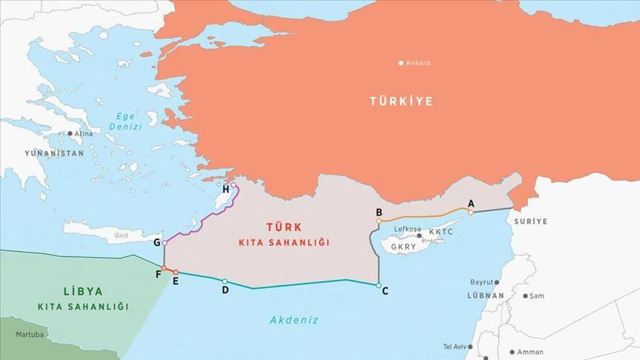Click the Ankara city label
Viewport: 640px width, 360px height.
click(x=418, y=63)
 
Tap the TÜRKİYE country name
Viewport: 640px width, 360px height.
click(x=401, y=101)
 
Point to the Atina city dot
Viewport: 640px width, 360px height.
click(x=70, y=134)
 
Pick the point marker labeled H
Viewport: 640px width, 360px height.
click(x=233, y=185)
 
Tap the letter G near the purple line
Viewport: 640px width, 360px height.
click(x=156, y=242)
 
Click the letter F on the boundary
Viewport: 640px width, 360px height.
click(x=158, y=273)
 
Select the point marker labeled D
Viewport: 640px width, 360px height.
click(x=224, y=281)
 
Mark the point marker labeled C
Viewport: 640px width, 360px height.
click(x=379, y=285)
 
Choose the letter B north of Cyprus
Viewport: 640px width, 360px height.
click(x=379, y=213)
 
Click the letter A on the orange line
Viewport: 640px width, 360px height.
click(x=470, y=203)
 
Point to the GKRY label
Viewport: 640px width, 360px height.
click(x=405, y=246)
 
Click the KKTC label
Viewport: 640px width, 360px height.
click(x=441, y=232)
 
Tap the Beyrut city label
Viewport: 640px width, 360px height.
click(x=481, y=282)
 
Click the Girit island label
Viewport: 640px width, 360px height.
click(x=121, y=236)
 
